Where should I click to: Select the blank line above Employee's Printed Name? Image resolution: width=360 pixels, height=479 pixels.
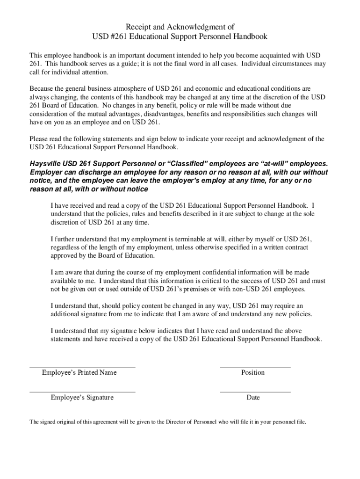point(82,367)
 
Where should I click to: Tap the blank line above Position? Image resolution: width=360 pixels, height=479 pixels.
point(255,367)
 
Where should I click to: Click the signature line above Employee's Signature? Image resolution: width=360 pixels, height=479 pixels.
point(82,392)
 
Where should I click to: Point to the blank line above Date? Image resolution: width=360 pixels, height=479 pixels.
point(255,392)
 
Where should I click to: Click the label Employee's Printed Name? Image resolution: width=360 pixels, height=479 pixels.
point(79,373)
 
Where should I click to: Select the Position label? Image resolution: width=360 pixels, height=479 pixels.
point(253,373)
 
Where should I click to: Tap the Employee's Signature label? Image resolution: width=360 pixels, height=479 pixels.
point(82,398)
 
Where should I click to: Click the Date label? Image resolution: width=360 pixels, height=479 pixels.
point(253,398)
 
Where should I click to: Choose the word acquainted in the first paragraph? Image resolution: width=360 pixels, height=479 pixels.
point(269,55)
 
